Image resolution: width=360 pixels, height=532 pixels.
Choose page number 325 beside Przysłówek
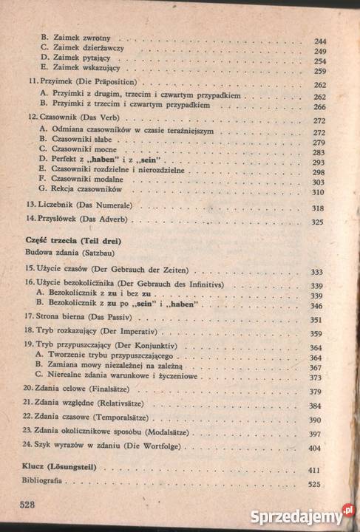(x=319, y=222)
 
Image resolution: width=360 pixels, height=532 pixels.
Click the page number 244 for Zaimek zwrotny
(x=320, y=41)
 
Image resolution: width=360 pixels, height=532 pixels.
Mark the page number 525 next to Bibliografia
(x=316, y=485)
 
